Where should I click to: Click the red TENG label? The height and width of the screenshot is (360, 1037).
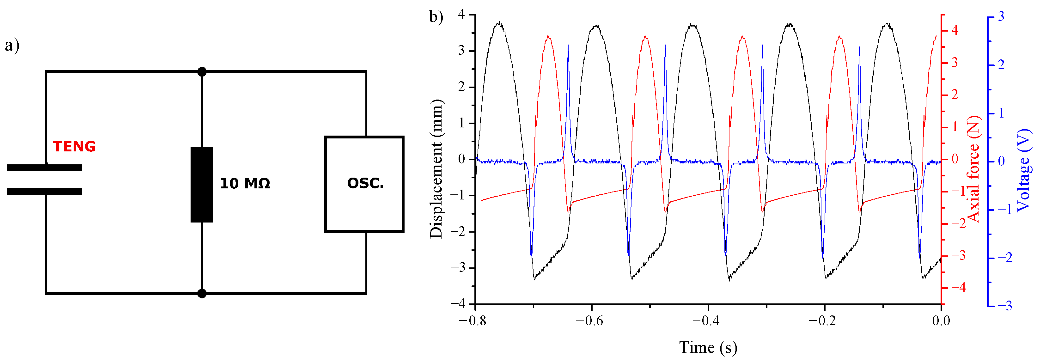pyautogui.click(x=74, y=146)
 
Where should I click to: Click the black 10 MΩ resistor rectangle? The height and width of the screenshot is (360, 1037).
pyautogui.click(x=202, y=185)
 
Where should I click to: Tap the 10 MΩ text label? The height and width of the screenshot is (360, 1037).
pyautogui.click(x=245, y=184)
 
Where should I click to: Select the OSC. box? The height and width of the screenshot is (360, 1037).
pyautogui.click(x=364, y=184)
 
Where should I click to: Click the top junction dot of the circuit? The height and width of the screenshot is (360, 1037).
pyautogui.click(x=202, y=72)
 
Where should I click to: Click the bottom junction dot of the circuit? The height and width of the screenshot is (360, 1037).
pyautogui.click(x=202, y=294)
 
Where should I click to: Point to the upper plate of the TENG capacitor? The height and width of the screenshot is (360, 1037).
pyautogui.click(x=44, y=168)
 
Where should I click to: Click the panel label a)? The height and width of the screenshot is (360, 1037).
pyautogui.click(x=12, y=45)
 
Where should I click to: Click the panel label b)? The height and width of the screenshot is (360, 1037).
pyautogui.click(x=436, y=17)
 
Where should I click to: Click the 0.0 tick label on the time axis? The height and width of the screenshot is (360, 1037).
pyautogui.click(x=941, y=321)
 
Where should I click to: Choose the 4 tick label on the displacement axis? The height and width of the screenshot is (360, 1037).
pyautogui.click(x=461, y=15)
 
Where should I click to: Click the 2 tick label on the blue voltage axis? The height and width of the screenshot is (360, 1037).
pyautogui.click(x=1001, y=65)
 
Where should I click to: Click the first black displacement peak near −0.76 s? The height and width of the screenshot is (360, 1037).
pyautogui.click(x=499, y=23)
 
